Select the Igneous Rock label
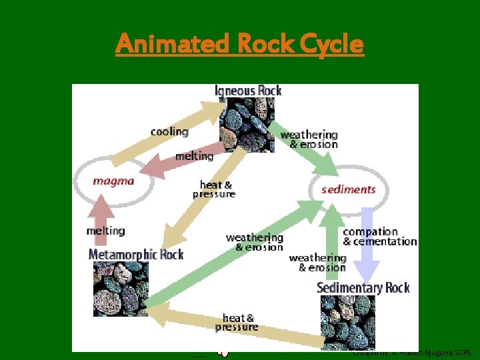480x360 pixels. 248,91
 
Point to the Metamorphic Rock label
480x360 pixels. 136,254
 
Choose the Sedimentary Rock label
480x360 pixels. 363,287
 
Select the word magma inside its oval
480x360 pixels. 113,181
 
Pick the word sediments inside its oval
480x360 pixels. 348,189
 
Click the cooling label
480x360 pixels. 169,131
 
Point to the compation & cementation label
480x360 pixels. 379,237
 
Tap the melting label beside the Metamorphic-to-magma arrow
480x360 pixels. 105,231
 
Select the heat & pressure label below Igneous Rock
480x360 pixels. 214,189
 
